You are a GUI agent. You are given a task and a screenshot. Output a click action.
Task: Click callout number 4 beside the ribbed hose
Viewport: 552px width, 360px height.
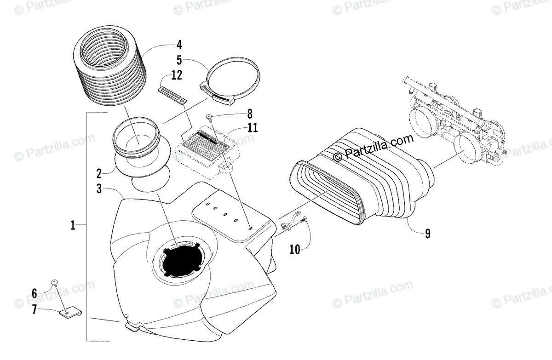pyautogui.click(x=179, y=45)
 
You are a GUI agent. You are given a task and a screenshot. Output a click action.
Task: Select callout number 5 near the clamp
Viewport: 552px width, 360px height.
pyautogui.click(x=179, y=60)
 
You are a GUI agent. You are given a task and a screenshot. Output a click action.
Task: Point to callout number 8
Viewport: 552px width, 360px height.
pyautogui.click(x=249, y=113)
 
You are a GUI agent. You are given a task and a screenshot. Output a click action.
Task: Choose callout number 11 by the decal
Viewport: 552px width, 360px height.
pyautogui.click(x=252, y=128)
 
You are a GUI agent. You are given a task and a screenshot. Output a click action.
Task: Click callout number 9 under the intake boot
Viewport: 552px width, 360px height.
pyautogui.click(x=427, y=234)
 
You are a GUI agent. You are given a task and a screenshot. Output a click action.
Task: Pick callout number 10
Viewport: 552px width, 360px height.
pyautogui.click(x=294, y=249)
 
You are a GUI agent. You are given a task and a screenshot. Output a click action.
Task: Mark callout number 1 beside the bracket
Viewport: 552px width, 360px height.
pyautogui.click(x=73, y=225)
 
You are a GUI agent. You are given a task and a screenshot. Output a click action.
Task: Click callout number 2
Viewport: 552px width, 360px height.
pyautogui.click(x=98, y=173)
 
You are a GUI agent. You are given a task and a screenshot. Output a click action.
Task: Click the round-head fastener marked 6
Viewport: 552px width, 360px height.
pyautogui.click(x=54, y=282)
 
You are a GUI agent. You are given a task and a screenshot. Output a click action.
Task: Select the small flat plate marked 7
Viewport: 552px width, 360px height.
pyautogui.click(x=69, y=314)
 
